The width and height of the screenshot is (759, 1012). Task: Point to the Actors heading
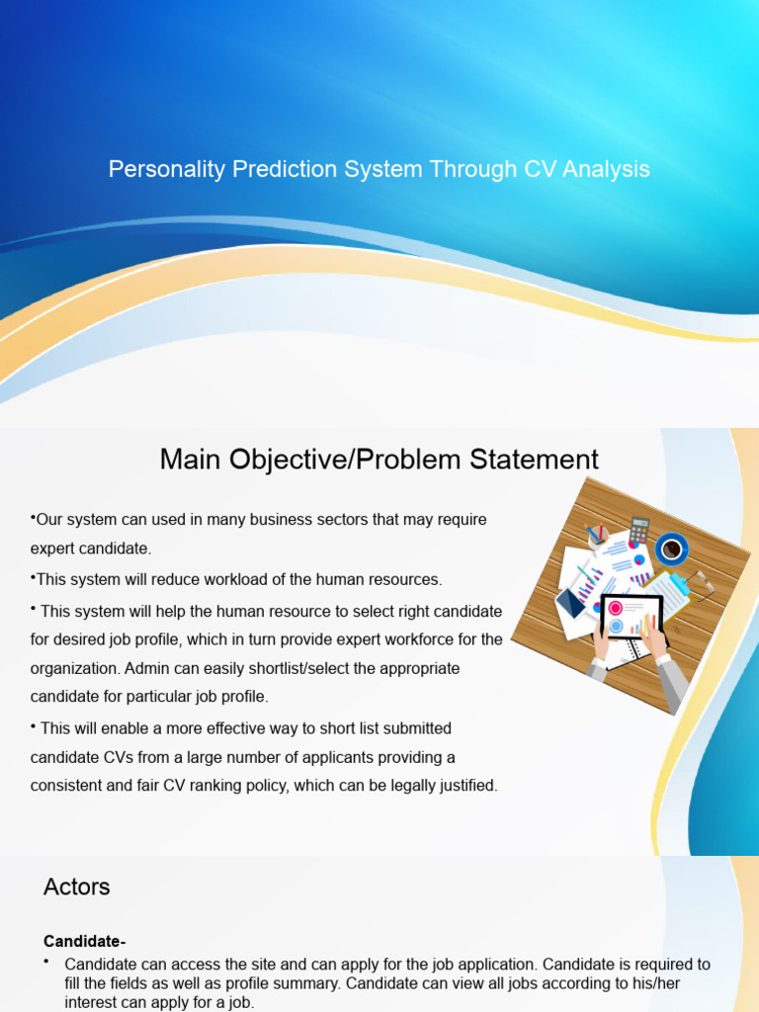[76, 886]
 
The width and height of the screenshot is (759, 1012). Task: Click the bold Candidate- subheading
[85, 940]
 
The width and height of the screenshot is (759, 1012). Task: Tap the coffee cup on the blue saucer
[672, 548]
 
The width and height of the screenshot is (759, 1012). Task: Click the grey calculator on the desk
[638, 530]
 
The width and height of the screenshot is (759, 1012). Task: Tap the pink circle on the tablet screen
[615, 609]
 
